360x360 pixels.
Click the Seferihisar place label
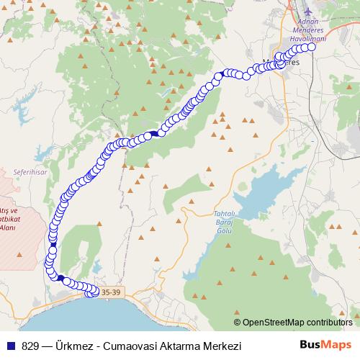29,173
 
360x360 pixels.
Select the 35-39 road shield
111,292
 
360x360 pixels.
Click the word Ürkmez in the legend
66,346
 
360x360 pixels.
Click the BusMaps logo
325,346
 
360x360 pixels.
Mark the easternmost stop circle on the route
312,48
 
